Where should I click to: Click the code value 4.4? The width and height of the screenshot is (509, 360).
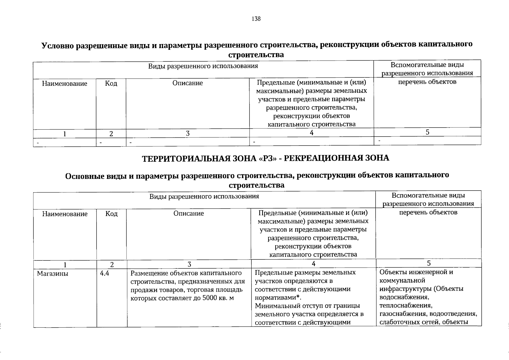point(105,273)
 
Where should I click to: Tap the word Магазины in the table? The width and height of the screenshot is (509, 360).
point(52,274)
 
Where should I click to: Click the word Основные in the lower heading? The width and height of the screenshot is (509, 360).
point(85,176)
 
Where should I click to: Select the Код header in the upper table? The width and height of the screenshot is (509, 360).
point(111,83)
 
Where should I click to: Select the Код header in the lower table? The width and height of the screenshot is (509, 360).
point(112,214)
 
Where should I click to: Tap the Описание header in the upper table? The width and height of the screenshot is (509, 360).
point(187,83)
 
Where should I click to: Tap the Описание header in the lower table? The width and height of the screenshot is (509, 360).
point(189,213)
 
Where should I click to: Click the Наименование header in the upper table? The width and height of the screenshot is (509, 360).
point(64,83)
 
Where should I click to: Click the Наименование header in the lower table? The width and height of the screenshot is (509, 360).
point(65,214)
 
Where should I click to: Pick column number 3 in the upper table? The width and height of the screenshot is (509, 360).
point(187,134)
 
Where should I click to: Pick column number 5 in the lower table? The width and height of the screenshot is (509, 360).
point(429,263)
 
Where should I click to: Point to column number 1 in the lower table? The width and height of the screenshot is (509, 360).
point(65,265)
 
